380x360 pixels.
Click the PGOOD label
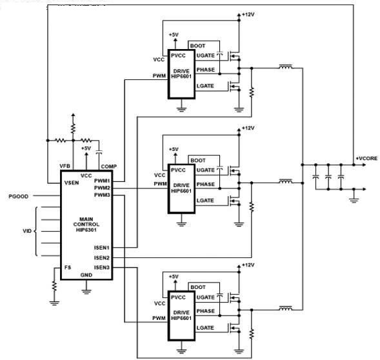pyautogui.click(x=19, y=196)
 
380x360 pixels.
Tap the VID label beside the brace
pyautogui.click(x=27, y=231)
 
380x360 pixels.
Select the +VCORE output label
pyautogui.click(x=366, y=158)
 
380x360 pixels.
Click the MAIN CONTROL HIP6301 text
pyautogui.click(x=86, y=225)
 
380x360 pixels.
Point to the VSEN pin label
pyautogui.click(x=72, y=183)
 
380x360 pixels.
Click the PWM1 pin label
pyautogui.click(x=102, y=181)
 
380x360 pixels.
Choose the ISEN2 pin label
pyautogui.click(x=102, y=257)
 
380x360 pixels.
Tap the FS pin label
pyautogui.click(x=68, y=267)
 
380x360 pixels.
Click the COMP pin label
pyautogui.click(x=109, y=166)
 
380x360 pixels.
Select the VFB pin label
pyautogui.click(x=65, y=166)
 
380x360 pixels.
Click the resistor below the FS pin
pyautogui.click(x=54, y=286)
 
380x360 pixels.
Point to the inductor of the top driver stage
pyautogui.click(x=286, y=66)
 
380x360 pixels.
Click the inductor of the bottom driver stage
pyautogui.click(x=286, y=308)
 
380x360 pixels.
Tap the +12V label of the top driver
pyautogui.click(x=248, y=14)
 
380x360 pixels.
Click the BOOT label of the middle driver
pyautogui.click(x=198, y=161)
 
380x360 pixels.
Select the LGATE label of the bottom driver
pyautogui.click(x=205, y=328)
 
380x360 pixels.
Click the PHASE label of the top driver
pyautogui.click(x=206, y=70)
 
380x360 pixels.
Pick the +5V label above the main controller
pyautogui.click(x=86, y=148)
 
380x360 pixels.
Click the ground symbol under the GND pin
pyautogui.click(x=86, y=291)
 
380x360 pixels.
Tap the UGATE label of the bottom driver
pyautogui.click(x=206, y=297)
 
